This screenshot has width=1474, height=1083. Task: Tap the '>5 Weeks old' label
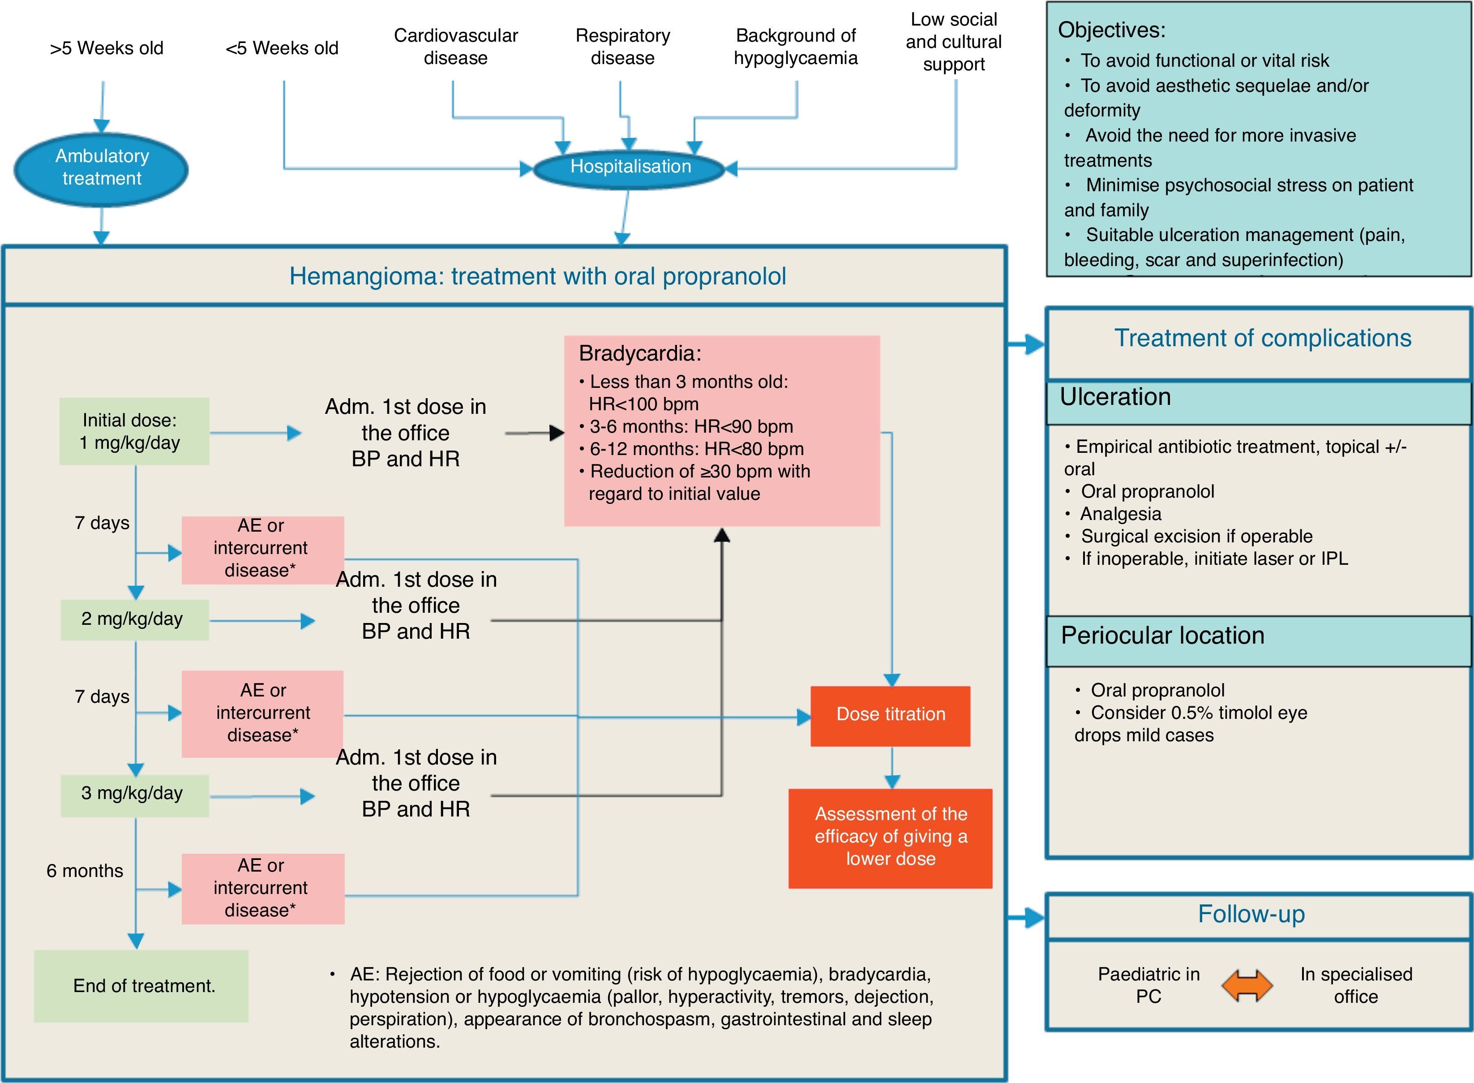click(107, 48)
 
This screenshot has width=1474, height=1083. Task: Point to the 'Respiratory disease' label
click(623, 47)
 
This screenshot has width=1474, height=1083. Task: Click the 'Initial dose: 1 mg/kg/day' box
click(134, 431)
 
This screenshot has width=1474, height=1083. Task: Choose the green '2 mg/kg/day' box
click(134, 619)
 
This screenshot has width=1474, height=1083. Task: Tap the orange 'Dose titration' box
click(890, 714)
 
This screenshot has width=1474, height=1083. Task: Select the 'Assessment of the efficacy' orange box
click(890, 837)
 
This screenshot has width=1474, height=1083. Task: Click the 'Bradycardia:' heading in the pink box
click(640, 353)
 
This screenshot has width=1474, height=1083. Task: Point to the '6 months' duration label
click(85, 871)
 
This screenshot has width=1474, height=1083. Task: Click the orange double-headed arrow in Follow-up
click(1247, 985)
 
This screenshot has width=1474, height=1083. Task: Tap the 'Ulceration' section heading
click(1115, 397)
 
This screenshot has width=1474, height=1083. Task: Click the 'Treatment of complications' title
click(1262, 338)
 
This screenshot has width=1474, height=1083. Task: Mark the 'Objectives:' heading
click(1112, 30)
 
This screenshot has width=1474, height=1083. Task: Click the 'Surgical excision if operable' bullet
click(1196, 536)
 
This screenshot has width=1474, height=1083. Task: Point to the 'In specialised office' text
click(1356, 985)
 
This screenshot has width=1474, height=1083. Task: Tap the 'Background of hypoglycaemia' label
click(796, 47)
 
